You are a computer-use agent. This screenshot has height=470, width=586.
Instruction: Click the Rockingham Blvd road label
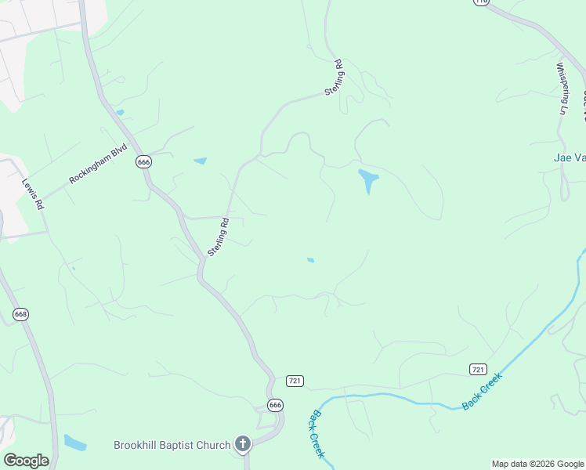tap(98, 166)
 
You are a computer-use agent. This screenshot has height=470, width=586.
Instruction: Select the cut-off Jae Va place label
tap(565, 157)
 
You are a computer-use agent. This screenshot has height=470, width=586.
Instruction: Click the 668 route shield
tap(21, 314)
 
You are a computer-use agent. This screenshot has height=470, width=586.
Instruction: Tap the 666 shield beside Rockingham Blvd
tap(143, 161)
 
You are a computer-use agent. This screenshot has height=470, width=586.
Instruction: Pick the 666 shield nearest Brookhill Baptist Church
tap(275, 405)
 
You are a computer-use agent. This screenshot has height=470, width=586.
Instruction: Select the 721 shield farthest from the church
tap(479, 369)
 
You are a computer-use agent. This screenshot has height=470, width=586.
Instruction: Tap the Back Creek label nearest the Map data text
tap(482, 391)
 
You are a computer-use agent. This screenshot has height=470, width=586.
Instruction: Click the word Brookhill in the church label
tap(138, 445)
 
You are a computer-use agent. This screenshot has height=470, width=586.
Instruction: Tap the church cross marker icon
tap(243, 445)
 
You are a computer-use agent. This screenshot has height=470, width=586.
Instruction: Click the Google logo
tap(26, 460)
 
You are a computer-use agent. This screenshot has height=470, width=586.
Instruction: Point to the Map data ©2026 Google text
tap(537, 464)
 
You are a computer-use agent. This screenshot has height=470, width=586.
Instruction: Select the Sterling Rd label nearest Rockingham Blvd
tap(219, 237)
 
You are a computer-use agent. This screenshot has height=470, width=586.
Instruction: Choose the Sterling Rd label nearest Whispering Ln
tap(336, 78)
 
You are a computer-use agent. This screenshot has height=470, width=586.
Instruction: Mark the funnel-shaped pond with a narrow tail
tap(367, 181)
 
